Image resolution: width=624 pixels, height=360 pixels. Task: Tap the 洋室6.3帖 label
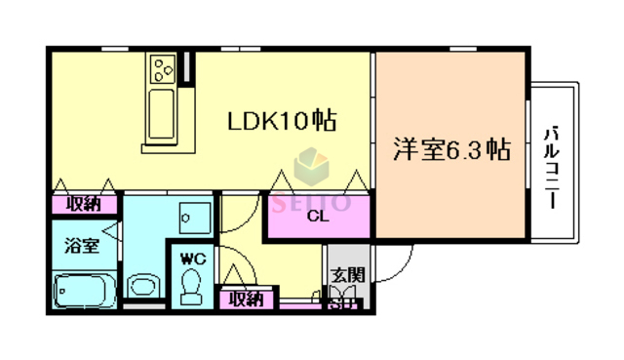click(452, 150)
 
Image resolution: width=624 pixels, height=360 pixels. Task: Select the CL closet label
click(317, 217)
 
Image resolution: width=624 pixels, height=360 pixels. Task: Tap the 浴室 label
click(81, 245)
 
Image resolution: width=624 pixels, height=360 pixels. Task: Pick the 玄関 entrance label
click(341, 276)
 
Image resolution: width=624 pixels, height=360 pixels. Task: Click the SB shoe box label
click(341, 304)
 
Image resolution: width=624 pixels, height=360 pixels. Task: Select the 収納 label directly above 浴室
click(84, 205)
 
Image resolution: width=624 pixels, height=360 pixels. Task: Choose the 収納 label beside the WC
click(246, 300)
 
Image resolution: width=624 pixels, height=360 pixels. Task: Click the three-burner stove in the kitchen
click(161, 68)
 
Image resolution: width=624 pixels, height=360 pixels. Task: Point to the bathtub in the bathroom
click(82, 291)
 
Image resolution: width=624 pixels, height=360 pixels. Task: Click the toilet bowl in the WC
click(191, 285)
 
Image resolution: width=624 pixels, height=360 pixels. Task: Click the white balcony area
click(555, 161)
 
